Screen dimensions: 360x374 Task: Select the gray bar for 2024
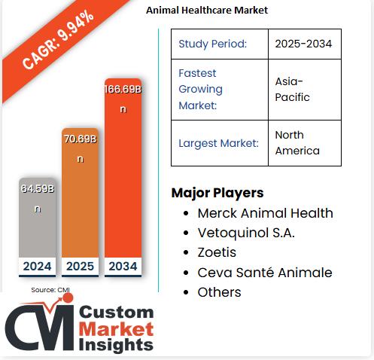pyautogui.click(x=38, y=226)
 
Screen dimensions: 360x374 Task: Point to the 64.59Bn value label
pyautogui.click(x=38, y=198)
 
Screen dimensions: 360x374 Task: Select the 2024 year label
pyautogui.click(x=38, y=266)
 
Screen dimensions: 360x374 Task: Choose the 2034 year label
pyautogui.click(x=123, y=266)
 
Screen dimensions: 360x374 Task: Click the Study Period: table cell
pyautogui.click(x=219, y=44)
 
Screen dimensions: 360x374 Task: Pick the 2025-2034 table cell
pyautogui.click(x=304, y=44)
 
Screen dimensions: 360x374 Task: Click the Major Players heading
pyautogui.click(x=217, y=193)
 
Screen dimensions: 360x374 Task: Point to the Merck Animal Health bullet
pyautogui.click(x=265, y=212)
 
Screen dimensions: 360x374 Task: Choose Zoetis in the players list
pyautogui.click(x=217, y=252)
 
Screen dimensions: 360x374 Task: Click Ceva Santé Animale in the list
pyautogui.click(x=264, y=272)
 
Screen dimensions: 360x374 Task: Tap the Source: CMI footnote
pyautogui.click(x=50, y=289)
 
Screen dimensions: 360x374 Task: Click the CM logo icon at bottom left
pyautogui.click(x=39, y=326)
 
